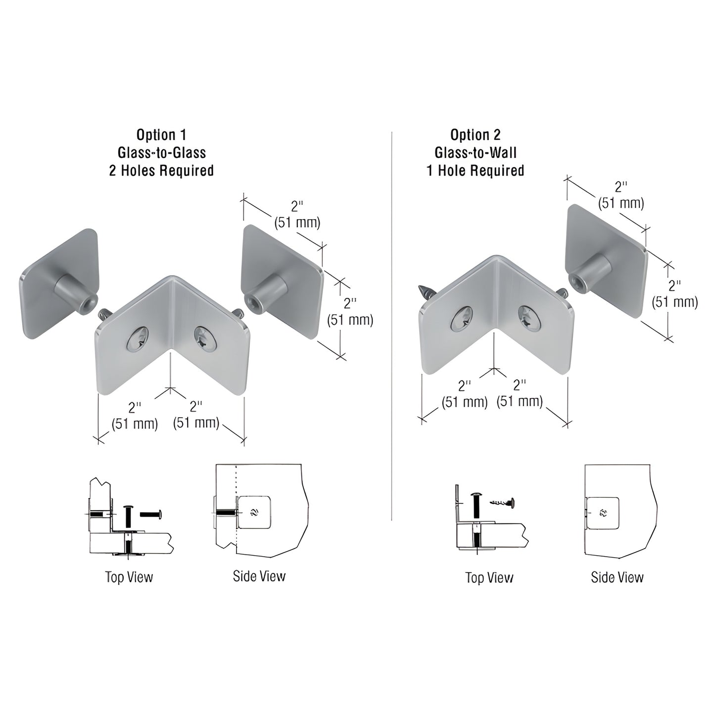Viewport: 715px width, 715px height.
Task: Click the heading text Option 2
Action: click(475, 135)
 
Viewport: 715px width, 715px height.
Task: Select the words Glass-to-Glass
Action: click(161, 152)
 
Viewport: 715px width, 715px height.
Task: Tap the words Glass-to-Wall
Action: click(475, 152)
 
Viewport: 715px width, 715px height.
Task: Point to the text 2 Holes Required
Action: click(161, 171)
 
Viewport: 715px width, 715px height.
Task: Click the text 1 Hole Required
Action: click(475, 171)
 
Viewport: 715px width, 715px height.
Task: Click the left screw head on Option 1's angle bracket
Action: click(137, 340)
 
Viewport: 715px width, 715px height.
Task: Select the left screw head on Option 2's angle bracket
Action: click(462, 320)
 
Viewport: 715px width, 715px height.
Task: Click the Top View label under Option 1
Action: click(129, 577)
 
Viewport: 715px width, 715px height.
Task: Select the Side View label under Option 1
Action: click(259, 576)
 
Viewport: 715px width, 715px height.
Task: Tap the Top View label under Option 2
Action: click(489, 577)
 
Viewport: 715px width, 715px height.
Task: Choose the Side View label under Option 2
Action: click(617, 577)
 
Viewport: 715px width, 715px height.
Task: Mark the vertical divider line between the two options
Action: click(391, 327)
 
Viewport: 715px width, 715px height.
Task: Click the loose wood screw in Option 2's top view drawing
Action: click(502, 502)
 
